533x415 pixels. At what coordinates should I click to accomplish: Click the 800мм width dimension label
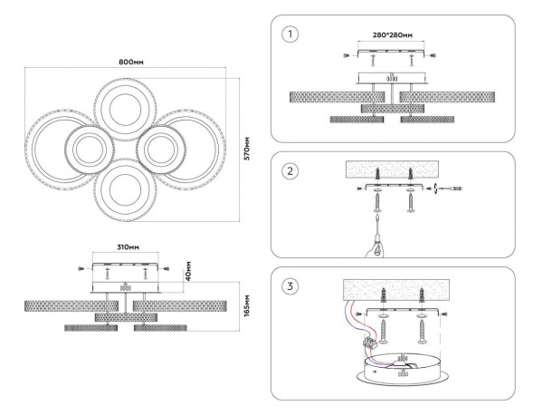(131, 62)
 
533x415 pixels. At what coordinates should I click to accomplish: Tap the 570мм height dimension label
(247, 149)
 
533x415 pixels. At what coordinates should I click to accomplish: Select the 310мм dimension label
(128, 247)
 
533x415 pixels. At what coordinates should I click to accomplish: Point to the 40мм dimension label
(188, 271)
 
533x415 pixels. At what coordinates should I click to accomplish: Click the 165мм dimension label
(247, 305)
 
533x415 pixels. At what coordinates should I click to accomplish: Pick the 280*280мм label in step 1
(393, 35)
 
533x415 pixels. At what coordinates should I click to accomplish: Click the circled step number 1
(290, 34)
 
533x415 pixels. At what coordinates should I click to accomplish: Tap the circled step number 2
(290, 171)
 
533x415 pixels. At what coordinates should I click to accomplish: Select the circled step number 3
(290, 286)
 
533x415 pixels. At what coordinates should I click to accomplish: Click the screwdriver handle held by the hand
(376, 242)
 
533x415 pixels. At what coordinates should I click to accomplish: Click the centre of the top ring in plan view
(125, 110)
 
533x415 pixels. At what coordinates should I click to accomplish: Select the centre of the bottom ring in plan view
(125, 190)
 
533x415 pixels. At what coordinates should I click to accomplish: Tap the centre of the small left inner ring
(89, 150)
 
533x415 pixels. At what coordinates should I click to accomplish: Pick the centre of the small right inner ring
(161, 150)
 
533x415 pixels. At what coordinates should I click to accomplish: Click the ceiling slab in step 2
(392, 169)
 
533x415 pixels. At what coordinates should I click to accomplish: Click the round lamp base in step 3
(404, 372)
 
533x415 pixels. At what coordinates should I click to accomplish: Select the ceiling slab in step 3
(396, 290)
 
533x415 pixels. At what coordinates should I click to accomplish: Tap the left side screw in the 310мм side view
(81, 269)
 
